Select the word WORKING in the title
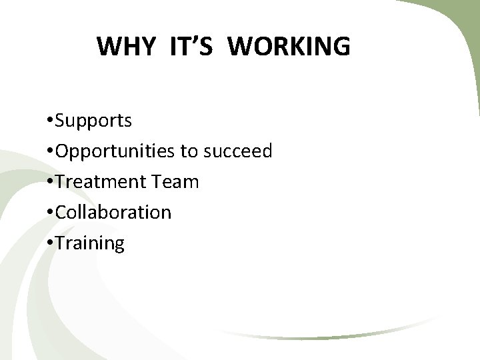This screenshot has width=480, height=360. pos(293,47)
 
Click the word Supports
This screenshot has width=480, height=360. pos(94,121)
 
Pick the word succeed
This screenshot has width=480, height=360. pos(237,151)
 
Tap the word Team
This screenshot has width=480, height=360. pos(179,182)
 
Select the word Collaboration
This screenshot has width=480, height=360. pos(113,213)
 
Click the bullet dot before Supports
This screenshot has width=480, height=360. pos(51,121)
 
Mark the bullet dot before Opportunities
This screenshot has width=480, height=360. pos(51,152)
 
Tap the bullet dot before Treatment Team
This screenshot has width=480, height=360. pos(51,182)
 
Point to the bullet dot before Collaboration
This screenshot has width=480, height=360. pos(51,213)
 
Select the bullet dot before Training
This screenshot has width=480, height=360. pos(51,243)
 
